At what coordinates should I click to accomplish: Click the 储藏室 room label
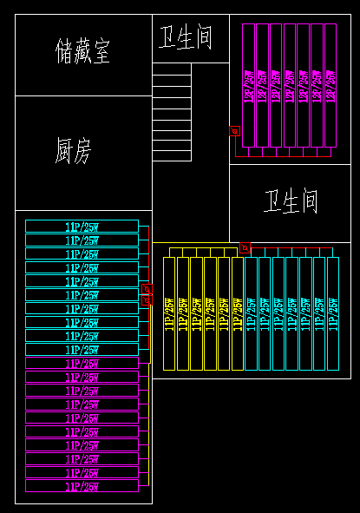pyautogui.click(x=82, y=51)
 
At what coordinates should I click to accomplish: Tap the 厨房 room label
pyautogui.click(x=73, y=151)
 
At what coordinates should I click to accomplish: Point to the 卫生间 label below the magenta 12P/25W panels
pyautogui.click(x=291, y=202)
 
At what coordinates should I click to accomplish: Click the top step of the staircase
pyautogui.click(x=171, y=69)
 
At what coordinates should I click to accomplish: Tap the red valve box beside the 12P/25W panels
pyautogui.click(x=234, y=132)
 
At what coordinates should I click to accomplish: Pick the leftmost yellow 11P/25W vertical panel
pyautogui.click(x=169, y=312)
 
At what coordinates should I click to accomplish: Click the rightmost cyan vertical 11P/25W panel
pyautogui.click(x=332, y=312)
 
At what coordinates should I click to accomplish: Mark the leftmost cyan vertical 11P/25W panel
pyautogui.click(x=251, y=312)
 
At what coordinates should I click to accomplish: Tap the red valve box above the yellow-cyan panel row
pyautogui.click(x=245, y=248)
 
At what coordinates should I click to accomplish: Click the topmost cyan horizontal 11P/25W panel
pyautogui.click(x=82, y=227)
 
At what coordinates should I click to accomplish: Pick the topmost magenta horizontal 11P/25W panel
pyautogui.click(x=82, y=363)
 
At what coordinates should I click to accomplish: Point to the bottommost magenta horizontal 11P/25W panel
pyautogui.click(x=82, y=487)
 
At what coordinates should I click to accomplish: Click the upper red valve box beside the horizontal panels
pyautogui.click(x=146, y=289)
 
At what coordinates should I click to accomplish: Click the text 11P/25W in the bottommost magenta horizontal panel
pyautogui.click(x=82, y=487)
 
